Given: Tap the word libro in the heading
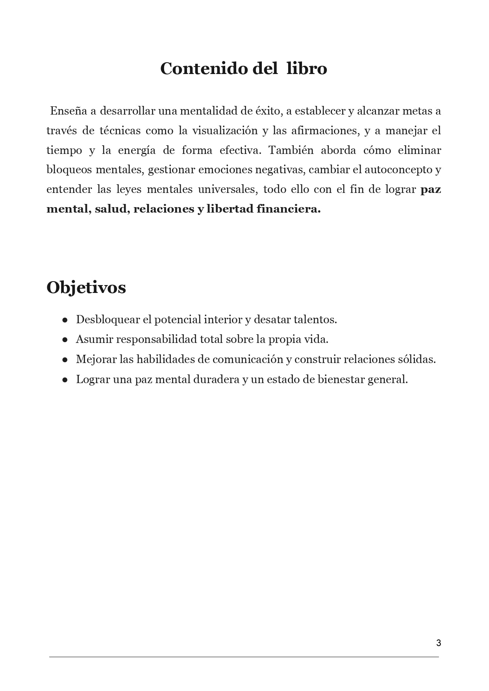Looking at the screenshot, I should pos(307,69).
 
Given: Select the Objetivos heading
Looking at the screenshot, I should pos(86,287).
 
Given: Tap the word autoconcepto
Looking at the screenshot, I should pos(398,170).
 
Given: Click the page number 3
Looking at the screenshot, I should pos(439,643).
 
